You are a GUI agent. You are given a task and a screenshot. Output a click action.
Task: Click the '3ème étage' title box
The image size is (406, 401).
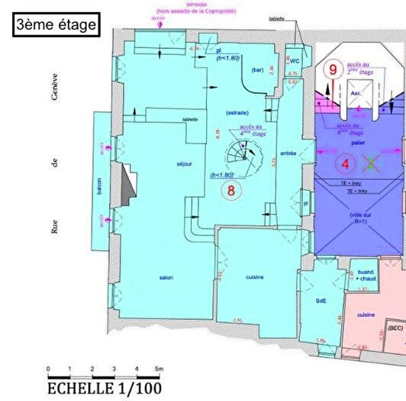click(56, 24)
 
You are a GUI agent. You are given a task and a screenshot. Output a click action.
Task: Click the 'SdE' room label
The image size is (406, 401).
click(321, 302)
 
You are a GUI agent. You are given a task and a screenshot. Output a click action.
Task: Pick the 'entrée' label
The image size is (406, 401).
click(288, 154)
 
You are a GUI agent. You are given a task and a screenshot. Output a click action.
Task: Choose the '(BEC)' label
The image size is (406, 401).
click(395, 328)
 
